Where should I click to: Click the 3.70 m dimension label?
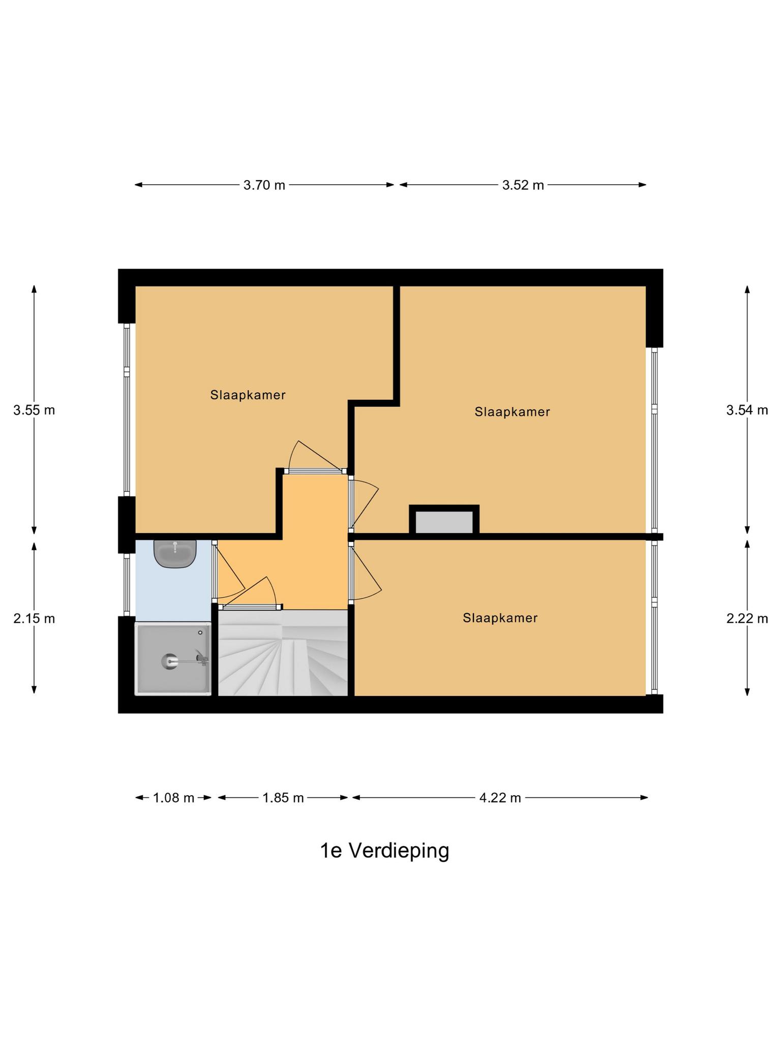(264, 185)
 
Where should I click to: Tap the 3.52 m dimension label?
(523, 185)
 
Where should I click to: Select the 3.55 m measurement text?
(34, 410)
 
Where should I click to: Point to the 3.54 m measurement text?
(746, 410)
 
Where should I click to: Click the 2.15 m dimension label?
(34, 619)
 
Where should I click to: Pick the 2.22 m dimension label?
(746, 619)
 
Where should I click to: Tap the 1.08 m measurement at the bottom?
(173, 798)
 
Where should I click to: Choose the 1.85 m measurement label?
(283, 798)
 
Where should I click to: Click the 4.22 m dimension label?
(500, 798)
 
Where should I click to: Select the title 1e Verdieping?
(384, 850)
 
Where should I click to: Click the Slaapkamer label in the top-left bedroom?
(248, 395)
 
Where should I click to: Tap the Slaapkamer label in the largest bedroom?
(512, 412)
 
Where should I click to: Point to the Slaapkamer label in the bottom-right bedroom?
(500, 618)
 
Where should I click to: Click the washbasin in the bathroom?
(175, 554)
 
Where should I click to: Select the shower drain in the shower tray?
(169, 661)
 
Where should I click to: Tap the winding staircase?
(283, 653)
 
